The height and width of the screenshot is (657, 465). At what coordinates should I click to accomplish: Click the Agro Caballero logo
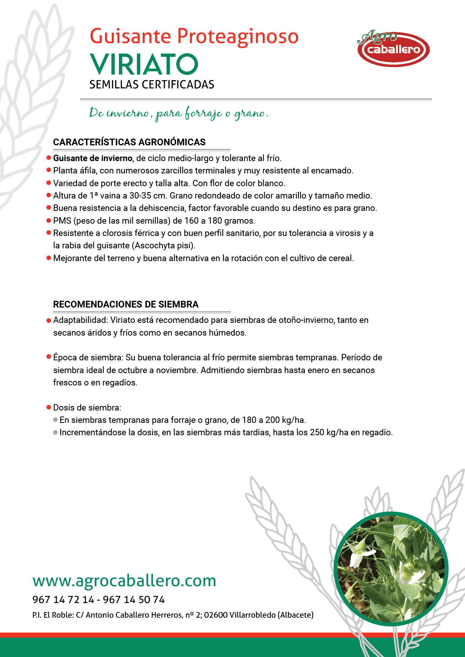[393, 49]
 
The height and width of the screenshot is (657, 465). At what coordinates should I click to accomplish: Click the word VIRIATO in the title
[144, 64]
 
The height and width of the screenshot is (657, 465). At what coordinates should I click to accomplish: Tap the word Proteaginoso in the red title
[237, 36]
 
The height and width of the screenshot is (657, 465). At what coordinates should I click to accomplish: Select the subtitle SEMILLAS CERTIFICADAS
[152, 85]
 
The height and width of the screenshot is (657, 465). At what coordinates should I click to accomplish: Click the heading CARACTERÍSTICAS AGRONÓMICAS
[129, 142]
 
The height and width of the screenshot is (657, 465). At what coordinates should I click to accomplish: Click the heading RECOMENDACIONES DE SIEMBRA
[126, 305]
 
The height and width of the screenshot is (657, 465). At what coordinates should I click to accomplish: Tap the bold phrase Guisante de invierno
[93, 158]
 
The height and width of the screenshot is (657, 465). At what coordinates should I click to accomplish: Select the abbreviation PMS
[62, 221]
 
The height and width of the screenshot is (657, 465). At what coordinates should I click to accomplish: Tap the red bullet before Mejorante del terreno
[49, 258]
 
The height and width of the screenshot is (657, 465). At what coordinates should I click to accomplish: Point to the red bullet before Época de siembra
[49, 357]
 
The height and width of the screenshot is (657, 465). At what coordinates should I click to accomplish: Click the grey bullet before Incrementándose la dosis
[55, 433]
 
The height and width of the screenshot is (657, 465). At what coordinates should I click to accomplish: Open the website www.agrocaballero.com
[124, 581]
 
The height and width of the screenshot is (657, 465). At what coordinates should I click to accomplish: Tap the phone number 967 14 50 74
[134, 600]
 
